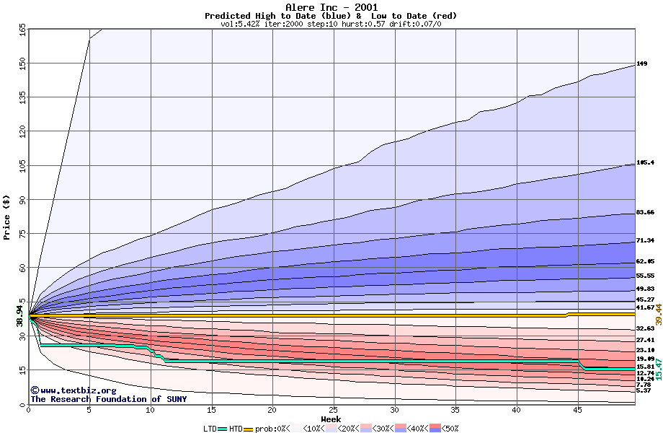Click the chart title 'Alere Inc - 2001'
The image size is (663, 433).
click(331, 6)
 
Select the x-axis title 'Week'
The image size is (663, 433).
click(331, 419)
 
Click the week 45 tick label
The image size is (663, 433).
click(577, 410)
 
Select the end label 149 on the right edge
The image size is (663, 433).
click(641, 64)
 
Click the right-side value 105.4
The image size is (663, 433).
click(645, 163)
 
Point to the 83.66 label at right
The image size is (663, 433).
click(645, 213)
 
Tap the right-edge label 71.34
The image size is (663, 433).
click(645, 241)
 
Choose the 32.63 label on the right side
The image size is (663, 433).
click(645, 329)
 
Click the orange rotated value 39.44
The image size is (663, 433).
click(658, 314)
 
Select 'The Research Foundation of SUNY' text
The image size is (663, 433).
click(108, 399)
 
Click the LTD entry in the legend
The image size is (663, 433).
click(210, 428)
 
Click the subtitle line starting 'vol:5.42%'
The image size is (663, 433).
click(331, 24)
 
